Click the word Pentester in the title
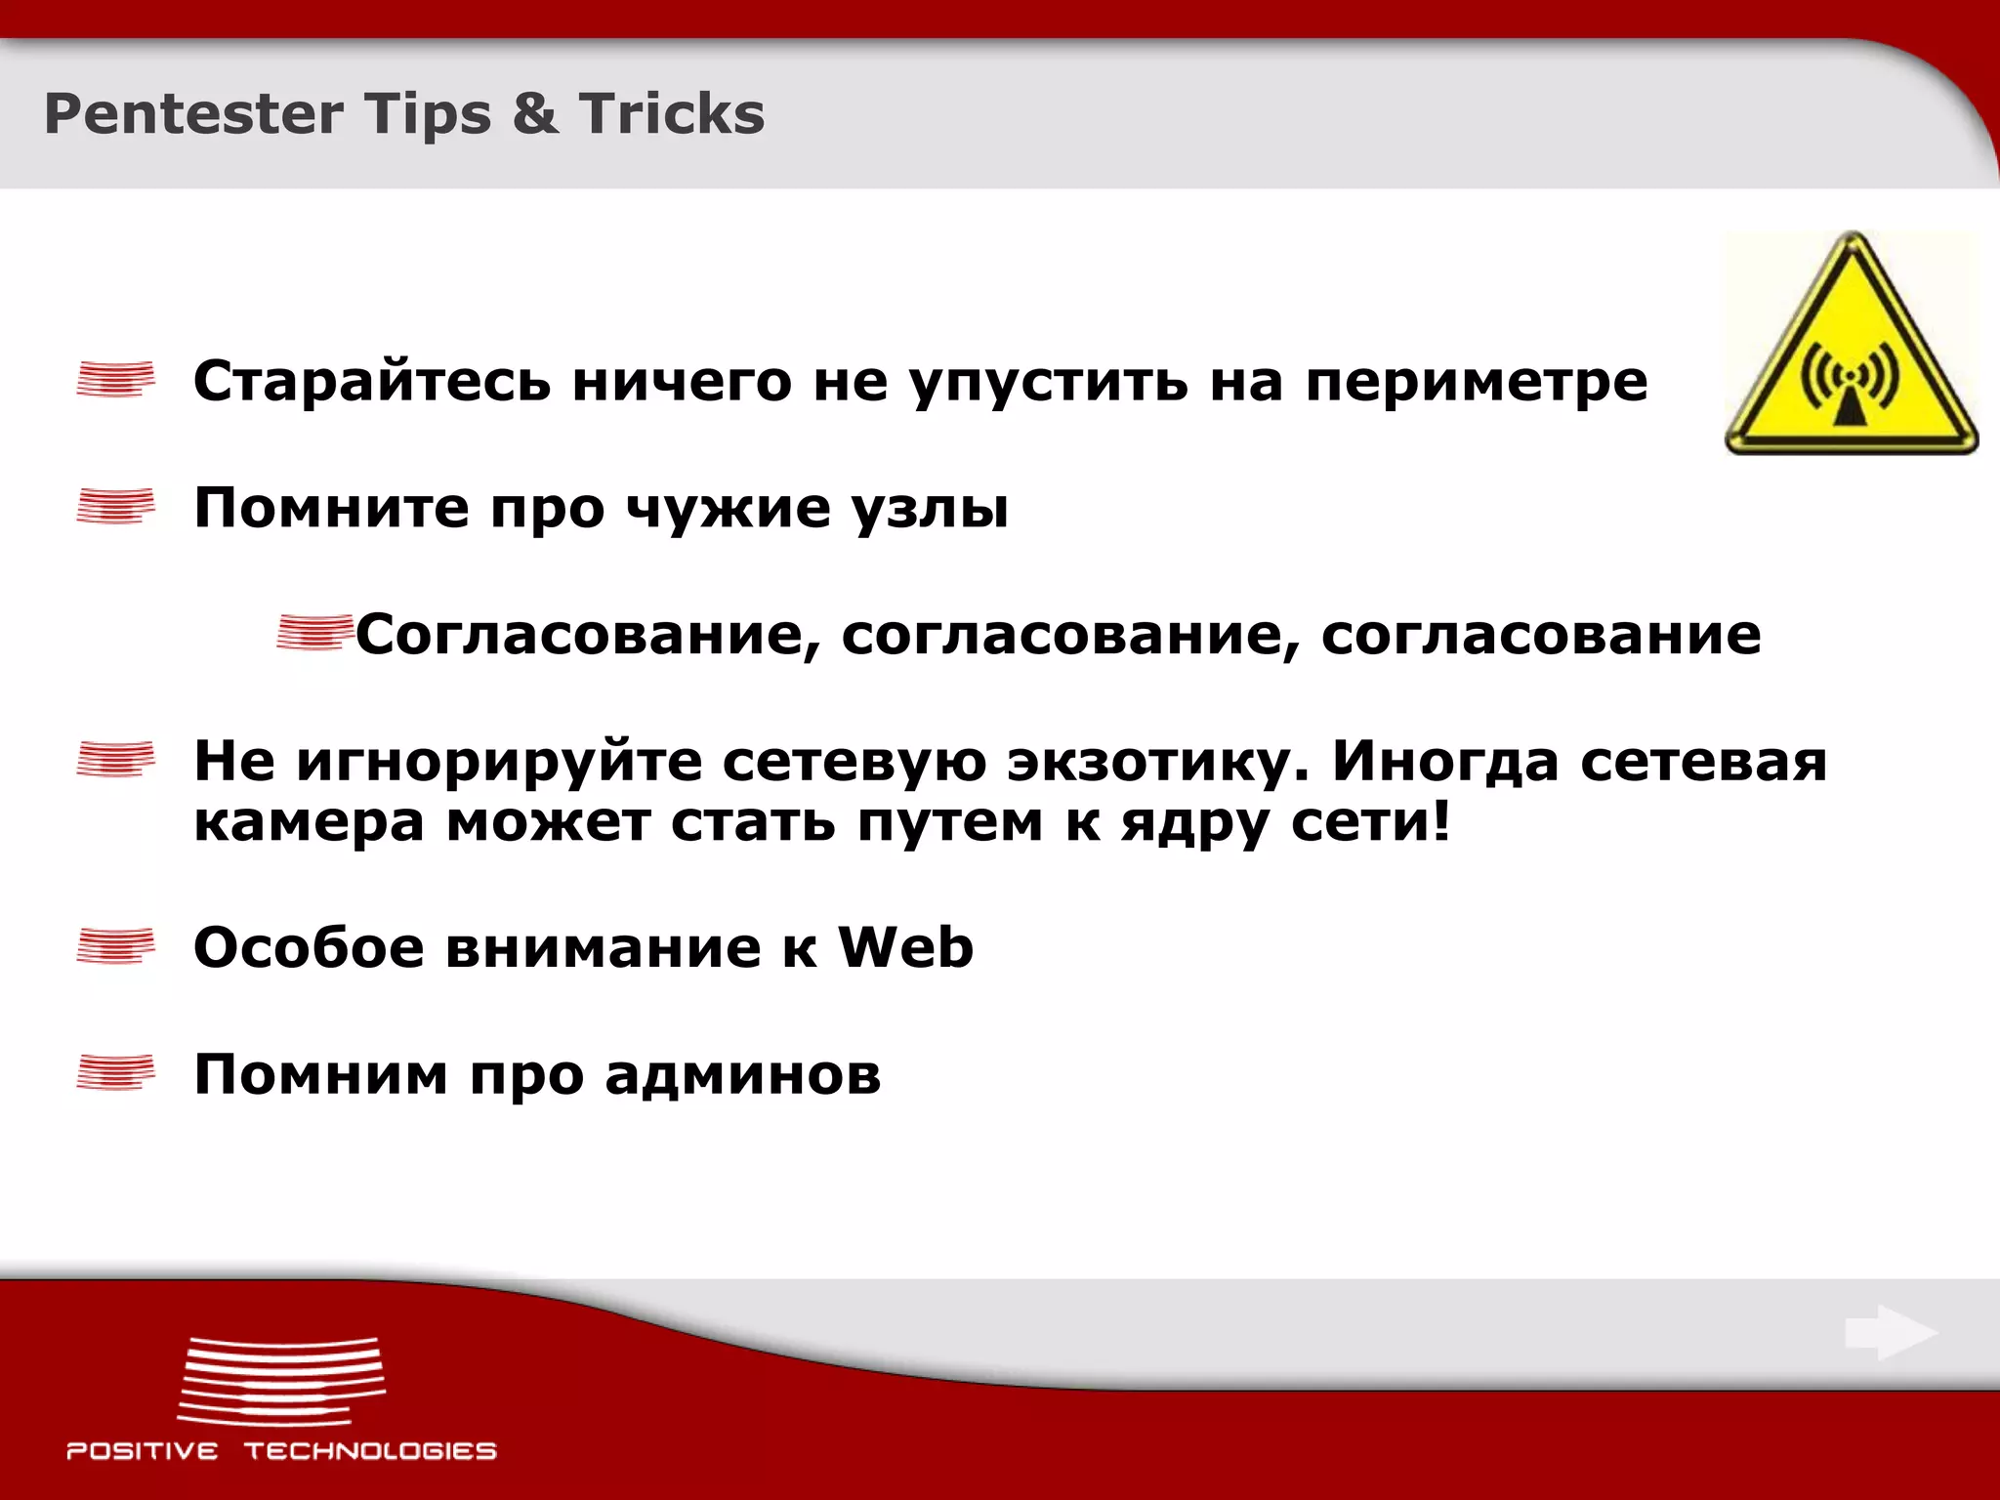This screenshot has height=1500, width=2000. (192, 114)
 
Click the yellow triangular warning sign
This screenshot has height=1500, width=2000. (1851, 352)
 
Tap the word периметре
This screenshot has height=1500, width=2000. (1477, 383)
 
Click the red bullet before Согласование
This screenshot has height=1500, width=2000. (313, 632)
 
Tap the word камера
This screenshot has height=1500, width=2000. (310, 822)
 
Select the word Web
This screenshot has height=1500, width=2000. (905, 947)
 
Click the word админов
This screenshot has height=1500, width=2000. (743, 1074)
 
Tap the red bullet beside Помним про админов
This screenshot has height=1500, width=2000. (115, 1072)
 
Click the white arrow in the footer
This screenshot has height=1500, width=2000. (1891, 1332)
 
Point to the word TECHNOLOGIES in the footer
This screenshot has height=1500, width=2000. (370, 1451)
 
